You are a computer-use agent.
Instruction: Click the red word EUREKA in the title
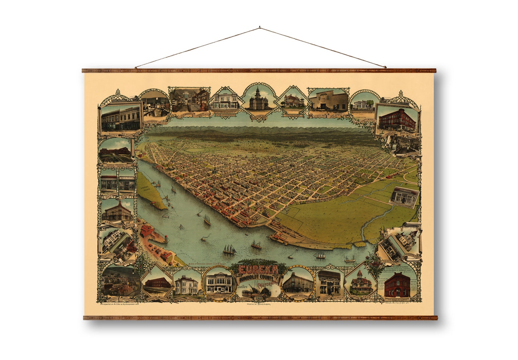tap(258, 270)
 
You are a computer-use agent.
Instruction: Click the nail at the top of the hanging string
tap(259, 27)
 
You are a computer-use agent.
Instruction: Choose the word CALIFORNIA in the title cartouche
tap(268, 285)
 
